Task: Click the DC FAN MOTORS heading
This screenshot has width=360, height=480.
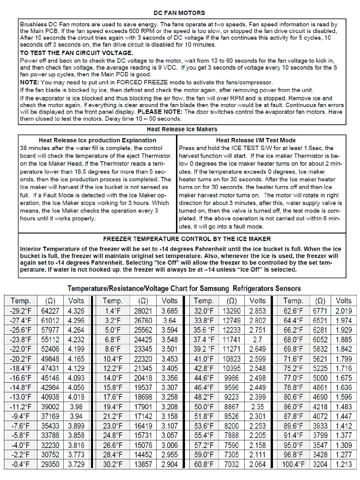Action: click(x=179, y=13)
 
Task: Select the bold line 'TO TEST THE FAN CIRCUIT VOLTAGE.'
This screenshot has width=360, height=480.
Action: click(x=76, y=53)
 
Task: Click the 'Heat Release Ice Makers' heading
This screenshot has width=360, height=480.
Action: click(x=182, y=129)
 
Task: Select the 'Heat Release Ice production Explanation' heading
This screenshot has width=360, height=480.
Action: click(x=97, y=140)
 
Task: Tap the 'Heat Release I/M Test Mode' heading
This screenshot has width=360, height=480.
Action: click(x=256, y=140)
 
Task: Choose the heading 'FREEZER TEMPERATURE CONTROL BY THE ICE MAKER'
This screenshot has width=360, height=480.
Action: click(x=187, y=239)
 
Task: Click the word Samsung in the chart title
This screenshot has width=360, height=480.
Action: click(x=214, y=289)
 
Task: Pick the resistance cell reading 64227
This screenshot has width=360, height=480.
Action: click(x=50, y=311)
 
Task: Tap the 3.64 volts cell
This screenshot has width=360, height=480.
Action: click(x=170, y=321)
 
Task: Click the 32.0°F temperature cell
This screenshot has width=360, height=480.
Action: click(x=204, y=311)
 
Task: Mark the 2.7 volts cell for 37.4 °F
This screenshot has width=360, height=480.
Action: click(x=257, y=340)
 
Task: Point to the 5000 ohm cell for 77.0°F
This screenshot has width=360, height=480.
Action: click(x=320, y=378)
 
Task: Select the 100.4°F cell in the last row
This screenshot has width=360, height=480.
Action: click(x=293, y=464)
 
